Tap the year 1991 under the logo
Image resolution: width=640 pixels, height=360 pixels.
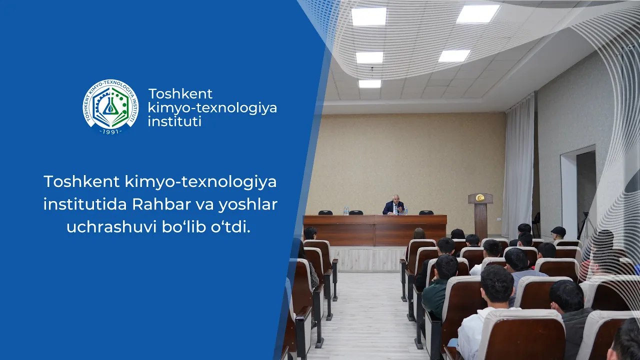click(110, 131)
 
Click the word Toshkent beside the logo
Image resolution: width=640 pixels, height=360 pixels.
click(180, 94)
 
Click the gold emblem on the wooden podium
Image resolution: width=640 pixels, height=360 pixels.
click(480, 198)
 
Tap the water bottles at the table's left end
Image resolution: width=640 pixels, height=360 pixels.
click(346, 211)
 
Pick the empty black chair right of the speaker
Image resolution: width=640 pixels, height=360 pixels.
click(426, 212)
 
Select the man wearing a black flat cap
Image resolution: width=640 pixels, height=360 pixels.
click(558, 233)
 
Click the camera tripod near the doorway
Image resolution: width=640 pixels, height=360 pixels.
click(583, 225)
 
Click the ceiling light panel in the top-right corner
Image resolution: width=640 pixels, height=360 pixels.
click(477, 14)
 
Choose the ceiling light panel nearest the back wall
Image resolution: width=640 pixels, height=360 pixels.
click(369, 84)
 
